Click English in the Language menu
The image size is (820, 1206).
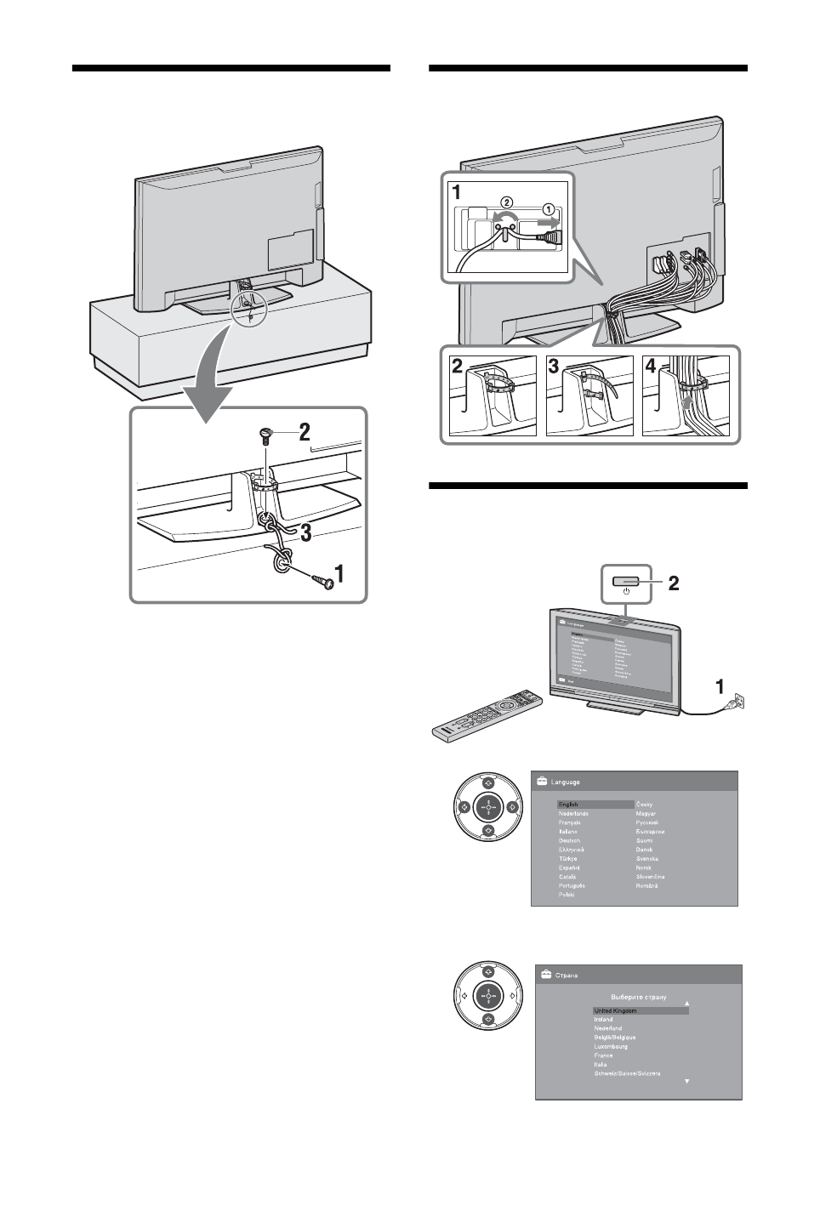coord(568,804)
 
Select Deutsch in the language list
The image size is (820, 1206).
coord(569,840)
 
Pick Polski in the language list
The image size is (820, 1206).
coord(567,895)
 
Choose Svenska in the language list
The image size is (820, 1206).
coord(647,858)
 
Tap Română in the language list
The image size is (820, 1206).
coord(648,885)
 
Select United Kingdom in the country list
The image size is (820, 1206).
coord(615,1011)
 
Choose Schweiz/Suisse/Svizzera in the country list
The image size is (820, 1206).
coord(627,1073)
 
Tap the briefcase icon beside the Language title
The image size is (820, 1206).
coord(540,780)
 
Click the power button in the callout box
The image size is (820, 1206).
coord(625,580)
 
